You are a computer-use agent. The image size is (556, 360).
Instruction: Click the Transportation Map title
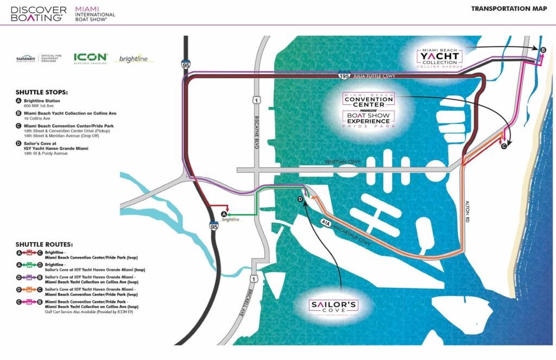point(508,9)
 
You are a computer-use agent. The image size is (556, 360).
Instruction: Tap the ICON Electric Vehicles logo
point(90,58)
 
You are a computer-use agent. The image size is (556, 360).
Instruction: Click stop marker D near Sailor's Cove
point(300,200)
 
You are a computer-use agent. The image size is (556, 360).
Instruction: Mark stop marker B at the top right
point(542,50)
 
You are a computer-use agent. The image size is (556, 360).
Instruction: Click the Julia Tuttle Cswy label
point(374,77)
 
